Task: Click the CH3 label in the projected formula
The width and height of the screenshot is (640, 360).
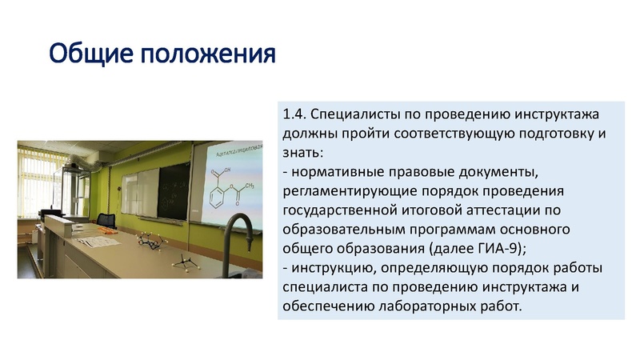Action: pyautogui.click(x=249, y=186)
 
